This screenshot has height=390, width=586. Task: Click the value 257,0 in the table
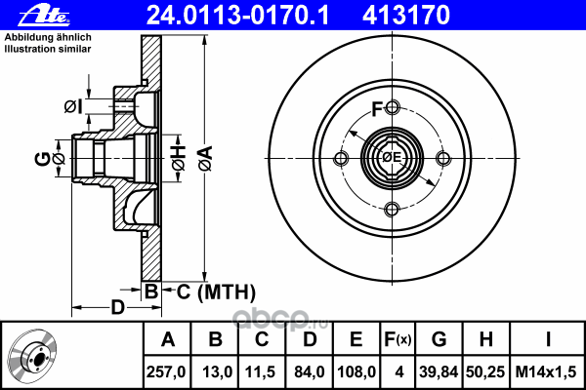[x=167, y=372]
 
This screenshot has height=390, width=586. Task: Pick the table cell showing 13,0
[x=216, y=372]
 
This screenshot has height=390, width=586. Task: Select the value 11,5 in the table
[x=262, y=372]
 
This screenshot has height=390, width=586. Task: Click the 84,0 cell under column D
[x=309, y=372]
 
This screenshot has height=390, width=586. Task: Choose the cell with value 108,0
[x=356, y=372]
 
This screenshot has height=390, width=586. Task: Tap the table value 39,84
[x=439, y=372]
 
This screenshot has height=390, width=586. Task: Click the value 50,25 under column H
[x=486, y=372]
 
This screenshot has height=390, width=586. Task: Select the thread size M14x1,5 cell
[x=547, y=372]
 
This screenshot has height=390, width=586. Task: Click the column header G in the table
[x=439, y=339]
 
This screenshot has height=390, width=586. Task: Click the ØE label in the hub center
[x=392, y=159]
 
